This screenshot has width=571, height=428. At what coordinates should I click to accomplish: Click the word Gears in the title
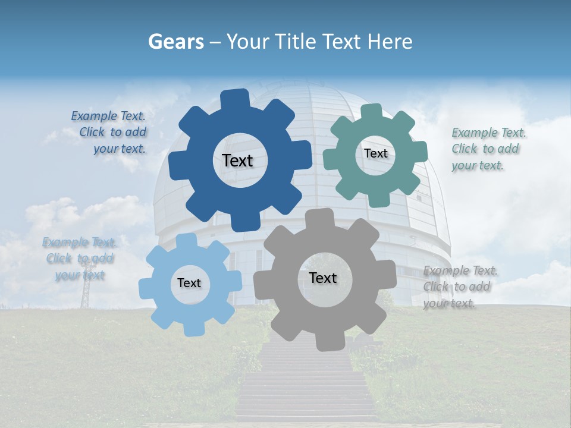pos(175,42)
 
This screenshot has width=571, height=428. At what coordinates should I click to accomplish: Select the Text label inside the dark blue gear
pos(237,160)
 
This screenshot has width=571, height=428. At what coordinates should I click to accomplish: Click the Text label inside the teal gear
pos(375,153)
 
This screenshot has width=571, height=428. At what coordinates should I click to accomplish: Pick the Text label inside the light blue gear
pos(189,283)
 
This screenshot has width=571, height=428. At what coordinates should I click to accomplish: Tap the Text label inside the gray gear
pos(323,278)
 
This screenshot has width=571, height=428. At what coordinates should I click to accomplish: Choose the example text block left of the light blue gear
pos(79,259)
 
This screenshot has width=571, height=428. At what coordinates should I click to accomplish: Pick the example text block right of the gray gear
pos(459,287)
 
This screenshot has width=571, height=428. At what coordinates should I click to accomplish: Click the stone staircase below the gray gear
pos(306,380)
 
